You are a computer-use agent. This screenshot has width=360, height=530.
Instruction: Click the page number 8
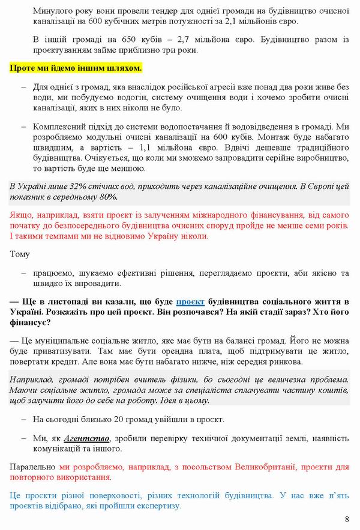(347, 519)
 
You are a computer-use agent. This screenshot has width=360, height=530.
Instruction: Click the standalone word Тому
(20, 254)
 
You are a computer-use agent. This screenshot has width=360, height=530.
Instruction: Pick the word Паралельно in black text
(34, 466)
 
